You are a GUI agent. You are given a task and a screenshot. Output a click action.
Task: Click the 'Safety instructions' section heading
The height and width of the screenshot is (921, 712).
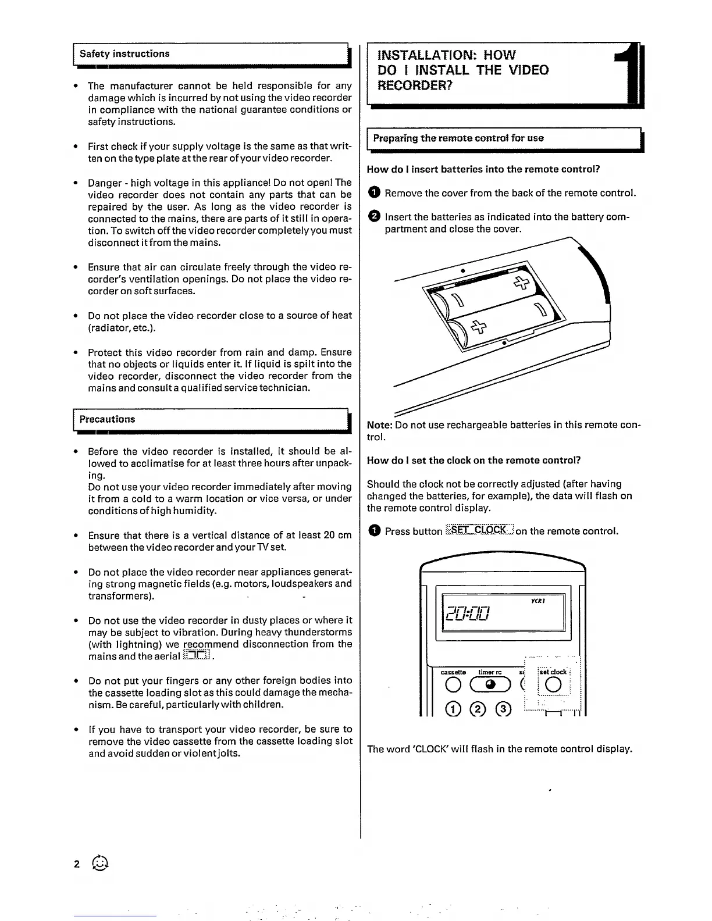[124, 54]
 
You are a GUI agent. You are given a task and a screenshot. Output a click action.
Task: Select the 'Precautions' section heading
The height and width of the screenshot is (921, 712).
[107, 419]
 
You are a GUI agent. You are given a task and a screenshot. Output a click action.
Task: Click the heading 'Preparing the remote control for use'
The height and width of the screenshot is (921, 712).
[458, 138]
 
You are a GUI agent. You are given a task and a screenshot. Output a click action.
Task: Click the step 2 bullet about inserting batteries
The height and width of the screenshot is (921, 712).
[375, 217]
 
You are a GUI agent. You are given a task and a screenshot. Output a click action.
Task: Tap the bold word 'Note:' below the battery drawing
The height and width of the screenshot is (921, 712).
[380, 425]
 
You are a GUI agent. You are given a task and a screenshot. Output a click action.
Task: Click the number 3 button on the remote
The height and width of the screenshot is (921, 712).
[504, 709]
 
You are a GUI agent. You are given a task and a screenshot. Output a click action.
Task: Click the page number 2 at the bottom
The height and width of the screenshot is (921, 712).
[77, 864]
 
